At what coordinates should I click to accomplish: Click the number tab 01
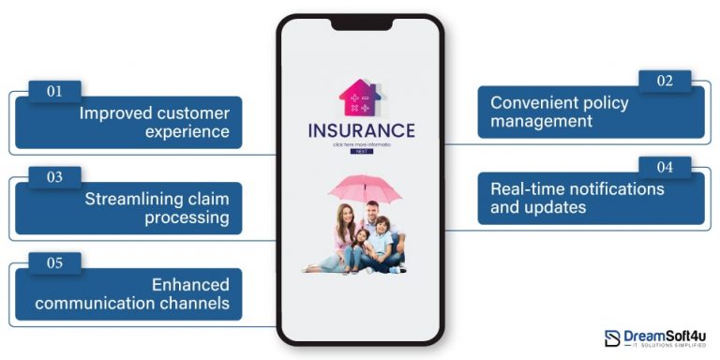pos(54,92)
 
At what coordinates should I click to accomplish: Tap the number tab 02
pos(664,81)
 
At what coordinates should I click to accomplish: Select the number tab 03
pos(54,176)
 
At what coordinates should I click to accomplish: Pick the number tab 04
pos(664,167)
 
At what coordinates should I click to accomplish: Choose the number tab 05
pos(54,262)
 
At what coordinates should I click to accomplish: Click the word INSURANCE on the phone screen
pos(360,131)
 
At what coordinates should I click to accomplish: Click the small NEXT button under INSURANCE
pos(361,151)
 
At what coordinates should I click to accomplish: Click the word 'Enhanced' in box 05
pos(190,284)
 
